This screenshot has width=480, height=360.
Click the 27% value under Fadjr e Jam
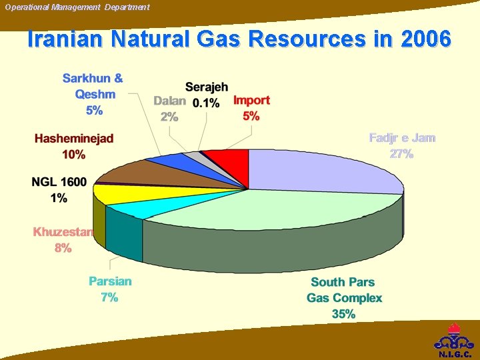pyautogui.click(x=401, y=154)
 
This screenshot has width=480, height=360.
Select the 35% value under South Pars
pyautogui.click(x=343, y=314)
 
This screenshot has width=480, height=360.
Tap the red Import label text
pyautogui.click(x=251, y=101)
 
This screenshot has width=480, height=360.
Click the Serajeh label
pyautogui.click(x=207, y=87)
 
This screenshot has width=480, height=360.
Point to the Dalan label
pyautogui.click(x=169, y=101)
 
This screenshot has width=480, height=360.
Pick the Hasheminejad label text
pyautogui.click(x=74, y=139)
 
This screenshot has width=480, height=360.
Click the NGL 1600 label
pyautogui.click(x=59, y=181)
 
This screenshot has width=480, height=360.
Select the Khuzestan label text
pyautogui.click(x=63, y=232)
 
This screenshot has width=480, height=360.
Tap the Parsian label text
pyautogui.click(x=110, y=281)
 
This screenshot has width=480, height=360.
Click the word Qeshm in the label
pyautogui.click(x=94, y=94)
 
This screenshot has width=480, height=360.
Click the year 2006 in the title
pyautogui.click(x=426, y=39)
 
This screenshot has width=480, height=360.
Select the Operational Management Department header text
pyautogui.click(x=77, y=7)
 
